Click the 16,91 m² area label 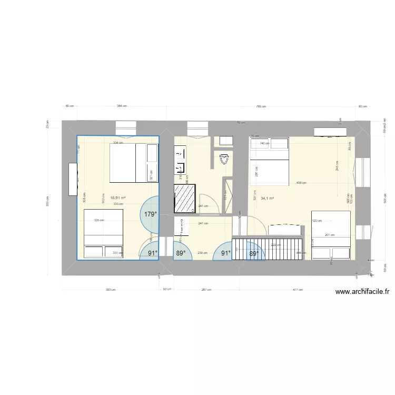[x=118, y=199]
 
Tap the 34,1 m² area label [x=267, y=199]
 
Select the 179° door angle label [x=151, y=214]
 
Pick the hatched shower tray [x=185, y=199]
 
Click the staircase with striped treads [x=269, y=249]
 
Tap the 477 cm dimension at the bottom [x=298, y=289]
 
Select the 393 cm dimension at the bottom [x=111, y=289]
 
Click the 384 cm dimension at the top [x=122, y=106]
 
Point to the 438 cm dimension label [x=301, y=183]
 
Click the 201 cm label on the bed [x=330, y=235]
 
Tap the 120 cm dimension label [x=317, y=221]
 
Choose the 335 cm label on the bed [x=98, y=221]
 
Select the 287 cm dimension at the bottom [x=206, y=289]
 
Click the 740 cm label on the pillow [x=264, y=143]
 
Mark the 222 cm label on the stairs [x=275, y=245]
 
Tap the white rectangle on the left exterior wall [x=72, y=179]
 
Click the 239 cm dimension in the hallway [x=201, y=253]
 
